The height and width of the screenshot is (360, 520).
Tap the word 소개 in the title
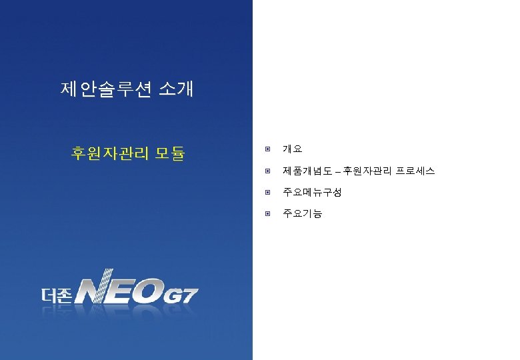[x=176, y=89]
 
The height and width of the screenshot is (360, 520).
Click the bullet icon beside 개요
[x=267, y=149]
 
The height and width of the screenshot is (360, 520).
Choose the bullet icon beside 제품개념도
[x=267, y=171]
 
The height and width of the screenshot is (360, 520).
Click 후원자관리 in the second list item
[x=369, y=171]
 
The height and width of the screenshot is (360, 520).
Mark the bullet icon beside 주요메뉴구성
[x=267, y=193]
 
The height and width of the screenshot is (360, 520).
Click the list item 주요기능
[x=302, y=214]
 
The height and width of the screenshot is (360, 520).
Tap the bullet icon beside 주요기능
[x=267, y=214]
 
